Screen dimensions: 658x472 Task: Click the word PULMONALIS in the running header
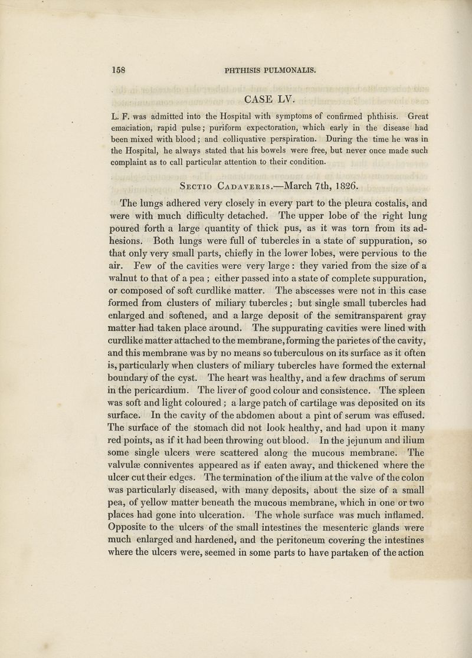pos(286,69)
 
